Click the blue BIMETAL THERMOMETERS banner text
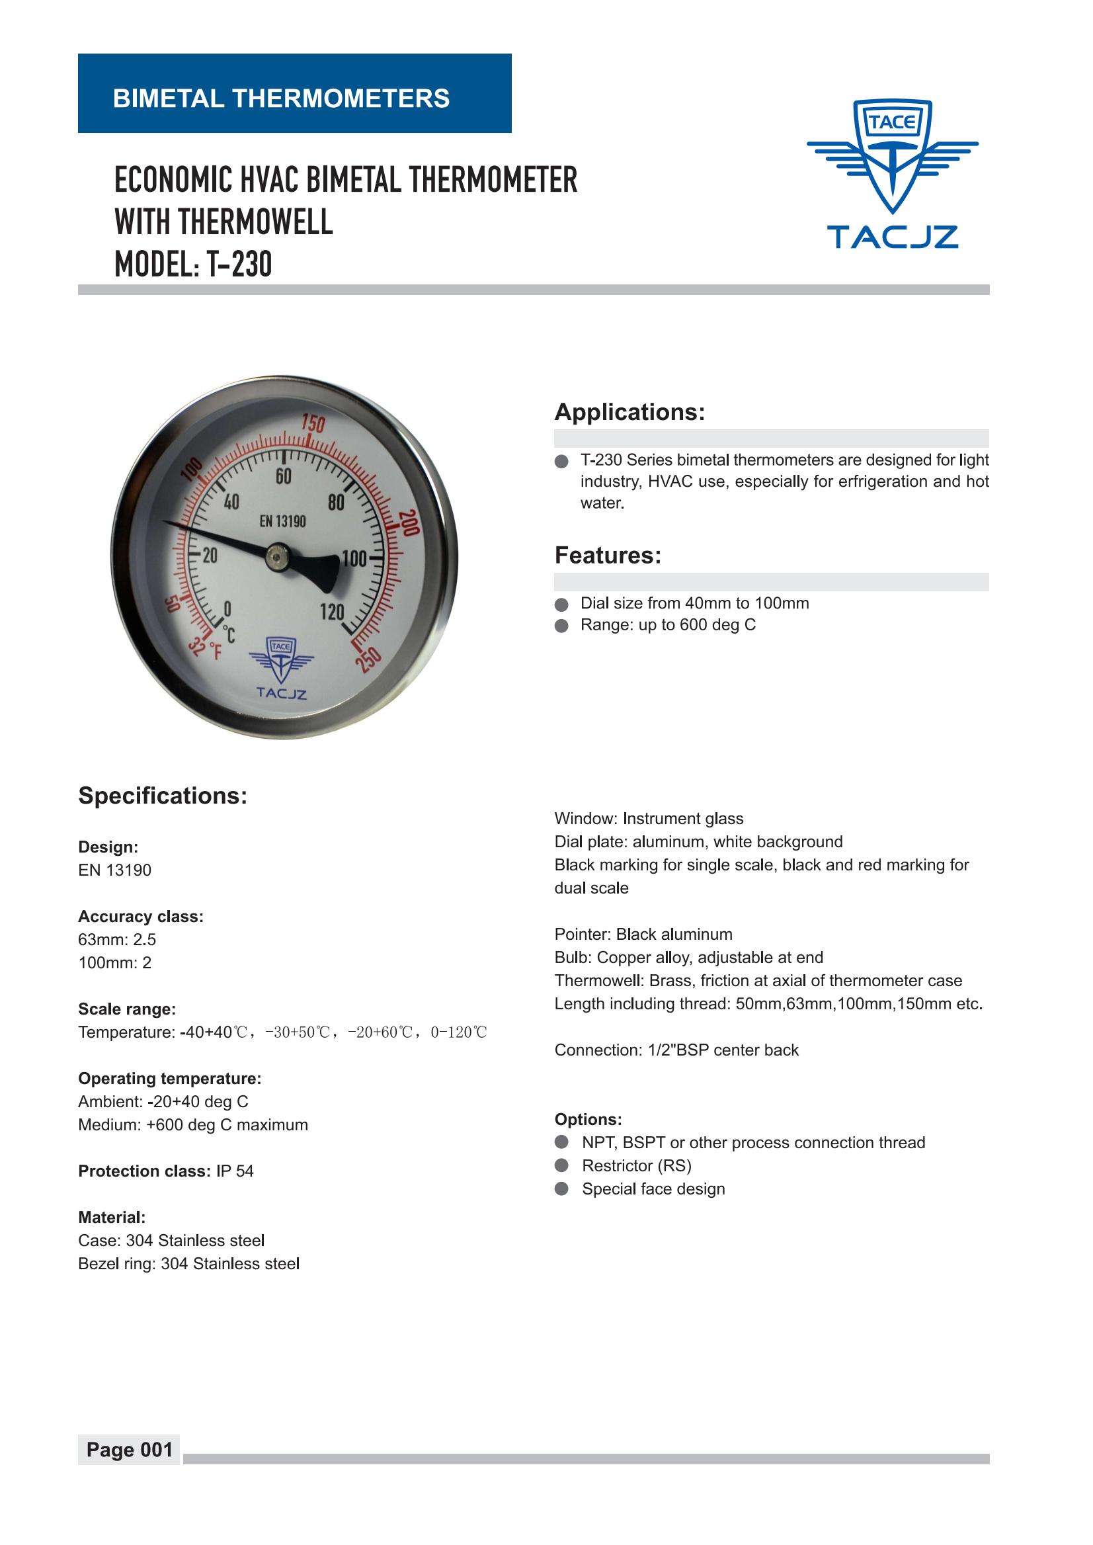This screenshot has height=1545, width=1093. [280, 99]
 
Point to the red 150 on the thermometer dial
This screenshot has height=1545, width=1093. [313, 423]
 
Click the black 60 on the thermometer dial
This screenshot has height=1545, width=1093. [284, 476]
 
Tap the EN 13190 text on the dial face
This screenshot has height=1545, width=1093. [283, 521]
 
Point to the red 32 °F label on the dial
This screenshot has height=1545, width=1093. [205, 649]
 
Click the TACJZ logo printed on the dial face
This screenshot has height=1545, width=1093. [281, 669]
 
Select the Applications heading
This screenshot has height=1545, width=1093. [629, 412]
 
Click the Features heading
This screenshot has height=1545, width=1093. [608, 556]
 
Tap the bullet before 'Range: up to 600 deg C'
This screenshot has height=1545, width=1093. [561, 626]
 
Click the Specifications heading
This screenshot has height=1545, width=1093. [163, 796]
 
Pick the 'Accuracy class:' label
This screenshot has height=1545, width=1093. [141, 916]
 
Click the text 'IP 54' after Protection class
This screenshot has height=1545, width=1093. [235, 1171]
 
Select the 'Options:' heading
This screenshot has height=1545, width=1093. [588, 1120]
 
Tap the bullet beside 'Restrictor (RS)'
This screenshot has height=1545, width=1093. [561, 1165]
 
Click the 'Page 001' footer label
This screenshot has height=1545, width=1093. [129, 1449]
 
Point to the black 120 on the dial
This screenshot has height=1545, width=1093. [332, 611]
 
